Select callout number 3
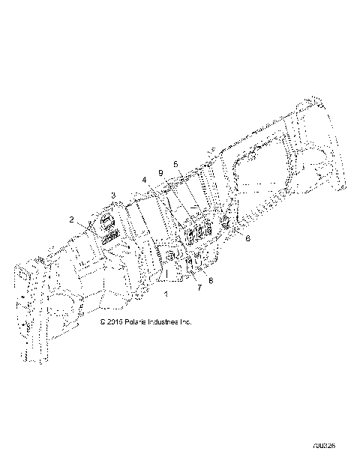[x=113, y=196]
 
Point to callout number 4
[x=144, y=180]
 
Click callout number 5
[x=175, y=163]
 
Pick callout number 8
[x=211, y=280]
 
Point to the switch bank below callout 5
[x=198, y=234]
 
